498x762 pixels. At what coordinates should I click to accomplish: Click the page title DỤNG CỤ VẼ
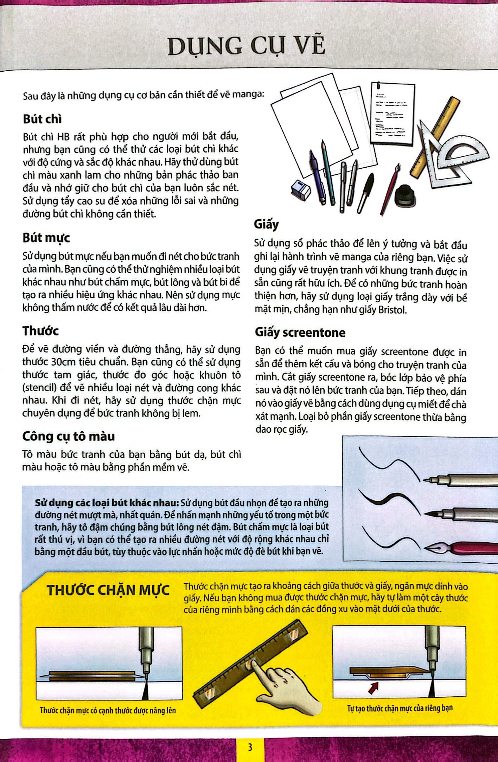[x=246, y=46]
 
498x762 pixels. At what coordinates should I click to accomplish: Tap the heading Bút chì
[x=42, y=119]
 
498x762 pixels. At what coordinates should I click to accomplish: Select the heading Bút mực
[x=46, y=238]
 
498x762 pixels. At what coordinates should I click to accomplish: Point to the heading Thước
[x=40, y=331]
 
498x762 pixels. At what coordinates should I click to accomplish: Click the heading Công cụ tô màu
[x=69, y=436]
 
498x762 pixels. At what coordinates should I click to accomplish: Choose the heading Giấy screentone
[x=300, y=332]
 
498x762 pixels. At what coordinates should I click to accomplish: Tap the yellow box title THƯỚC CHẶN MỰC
[x=108, y=590]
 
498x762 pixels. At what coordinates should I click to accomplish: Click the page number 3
[x=250, y=747]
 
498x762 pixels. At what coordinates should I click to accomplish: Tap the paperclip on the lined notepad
[x=378, y=86]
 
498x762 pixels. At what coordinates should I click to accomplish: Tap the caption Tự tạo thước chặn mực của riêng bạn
[x=400, y=708]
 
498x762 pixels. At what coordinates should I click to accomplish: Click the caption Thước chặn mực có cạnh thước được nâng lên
[x=108, y=710]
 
